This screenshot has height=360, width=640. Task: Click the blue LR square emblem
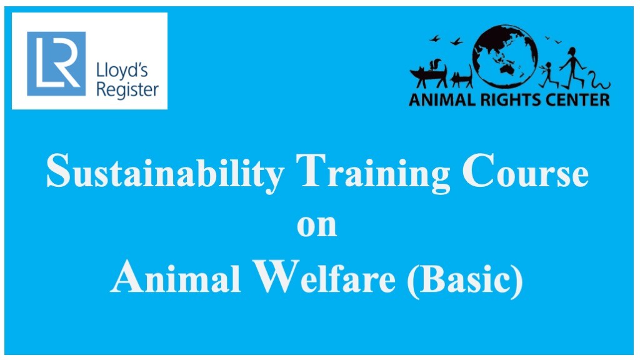point(56,64)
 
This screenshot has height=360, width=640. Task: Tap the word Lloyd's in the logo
point(122,71)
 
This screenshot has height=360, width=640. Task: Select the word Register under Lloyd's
point(127,90)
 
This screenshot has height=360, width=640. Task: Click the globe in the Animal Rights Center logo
point(504,56)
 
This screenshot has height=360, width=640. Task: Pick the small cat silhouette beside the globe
point(462,77)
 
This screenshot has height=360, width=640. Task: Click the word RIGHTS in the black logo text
point(511,99)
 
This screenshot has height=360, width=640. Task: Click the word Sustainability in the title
point(165,172)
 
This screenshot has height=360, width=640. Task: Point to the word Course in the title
point(525,171)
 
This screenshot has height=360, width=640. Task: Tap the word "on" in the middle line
point(317,226)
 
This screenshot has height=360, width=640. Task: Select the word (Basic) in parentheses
point(465,278)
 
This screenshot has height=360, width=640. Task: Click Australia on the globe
point(507,69)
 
